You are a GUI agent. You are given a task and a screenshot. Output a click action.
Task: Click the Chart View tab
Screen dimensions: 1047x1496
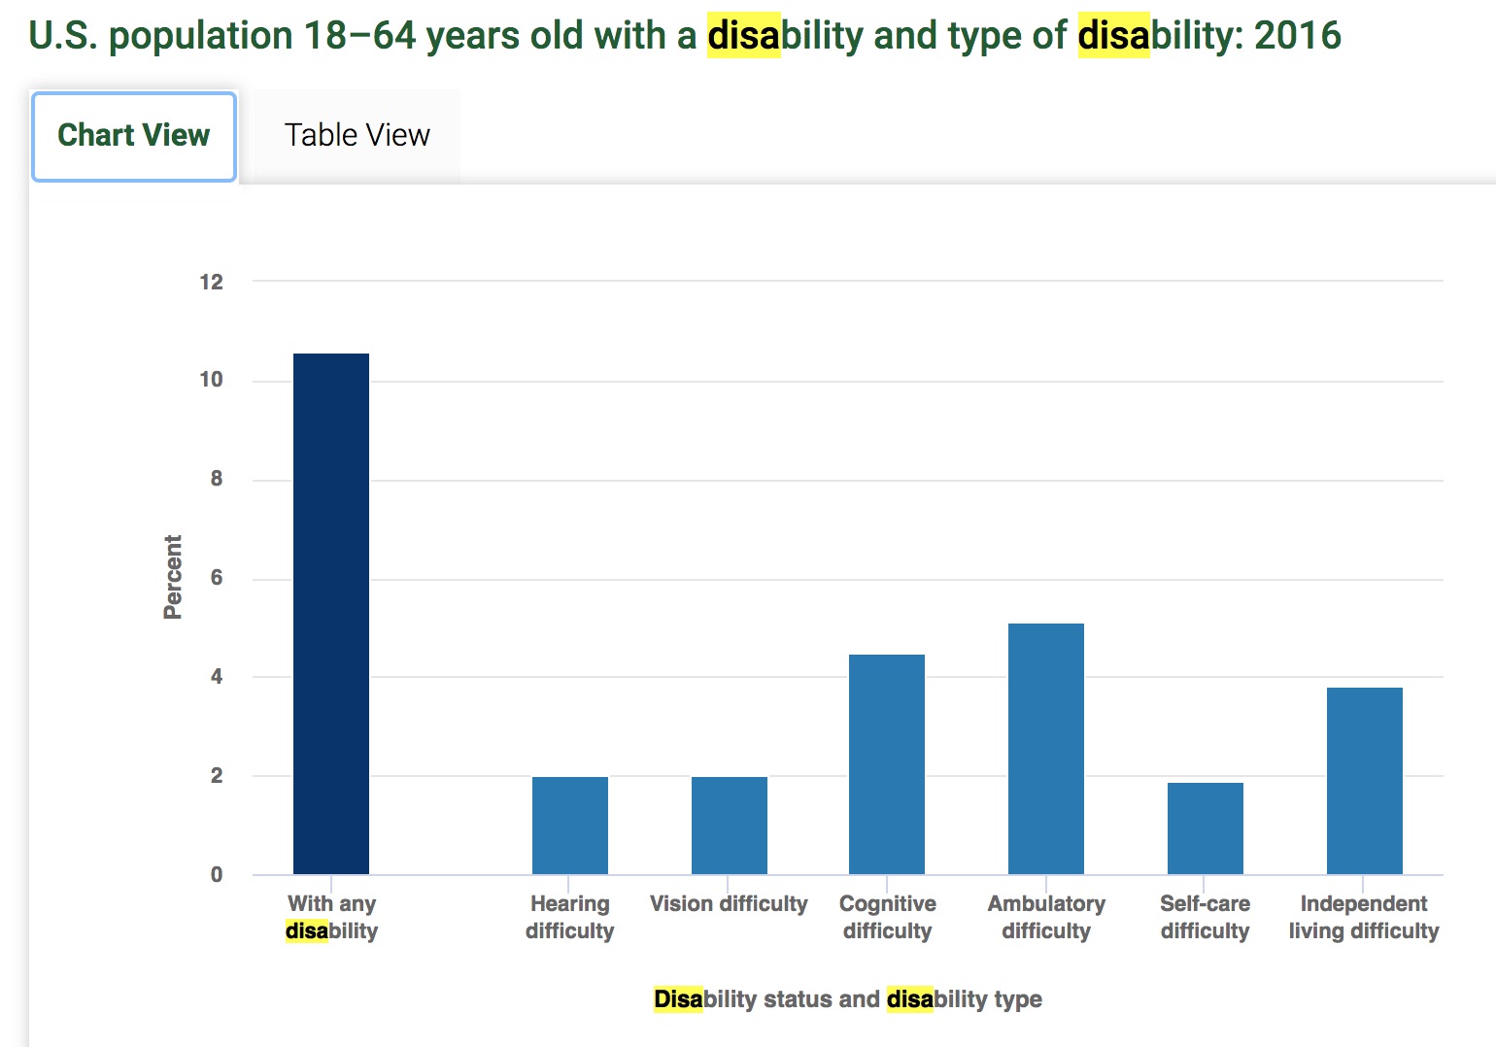[134, 136]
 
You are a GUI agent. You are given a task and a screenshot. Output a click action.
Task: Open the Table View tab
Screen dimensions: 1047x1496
[357, 136]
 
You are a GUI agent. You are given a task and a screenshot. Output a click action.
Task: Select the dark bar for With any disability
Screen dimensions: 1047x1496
[330, 614]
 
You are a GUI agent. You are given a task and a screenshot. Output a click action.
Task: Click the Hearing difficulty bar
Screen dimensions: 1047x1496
[569, 826]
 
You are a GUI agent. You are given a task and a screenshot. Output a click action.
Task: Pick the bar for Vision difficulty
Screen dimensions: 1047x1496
[729, 826]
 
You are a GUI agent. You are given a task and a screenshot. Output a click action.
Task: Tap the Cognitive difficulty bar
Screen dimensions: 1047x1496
[886, 764]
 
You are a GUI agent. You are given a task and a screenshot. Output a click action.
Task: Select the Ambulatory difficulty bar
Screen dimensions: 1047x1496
[1045, 749]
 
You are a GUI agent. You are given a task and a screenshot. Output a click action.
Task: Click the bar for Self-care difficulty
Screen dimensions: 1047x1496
[1205, 828]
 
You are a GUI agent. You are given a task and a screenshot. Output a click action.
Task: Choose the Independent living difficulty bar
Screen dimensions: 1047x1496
[1364, 781]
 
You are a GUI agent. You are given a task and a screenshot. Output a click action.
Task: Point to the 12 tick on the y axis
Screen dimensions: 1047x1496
[211, 283]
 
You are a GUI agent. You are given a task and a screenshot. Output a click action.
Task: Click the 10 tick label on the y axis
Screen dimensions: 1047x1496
[211, 381]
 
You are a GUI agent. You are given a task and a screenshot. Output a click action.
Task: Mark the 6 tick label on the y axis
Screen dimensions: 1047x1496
[217, 578]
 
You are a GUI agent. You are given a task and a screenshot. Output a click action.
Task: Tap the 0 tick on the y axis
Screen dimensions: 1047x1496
[217, 875]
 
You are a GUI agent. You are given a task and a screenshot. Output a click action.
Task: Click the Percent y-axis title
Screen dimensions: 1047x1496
[173, 577]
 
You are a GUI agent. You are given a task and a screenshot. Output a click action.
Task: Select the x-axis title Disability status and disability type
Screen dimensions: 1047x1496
[847, 999]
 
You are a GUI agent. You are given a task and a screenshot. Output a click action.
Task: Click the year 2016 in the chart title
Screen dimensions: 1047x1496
[1297, 36]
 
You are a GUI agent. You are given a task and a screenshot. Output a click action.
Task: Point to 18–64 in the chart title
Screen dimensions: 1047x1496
[359, 36]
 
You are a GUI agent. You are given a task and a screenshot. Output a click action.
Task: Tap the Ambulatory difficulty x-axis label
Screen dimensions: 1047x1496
[1046, 917]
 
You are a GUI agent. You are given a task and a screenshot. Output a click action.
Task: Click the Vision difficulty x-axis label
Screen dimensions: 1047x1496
[729, 904]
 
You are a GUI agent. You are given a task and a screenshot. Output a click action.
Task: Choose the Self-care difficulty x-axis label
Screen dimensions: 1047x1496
[1205, 917]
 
